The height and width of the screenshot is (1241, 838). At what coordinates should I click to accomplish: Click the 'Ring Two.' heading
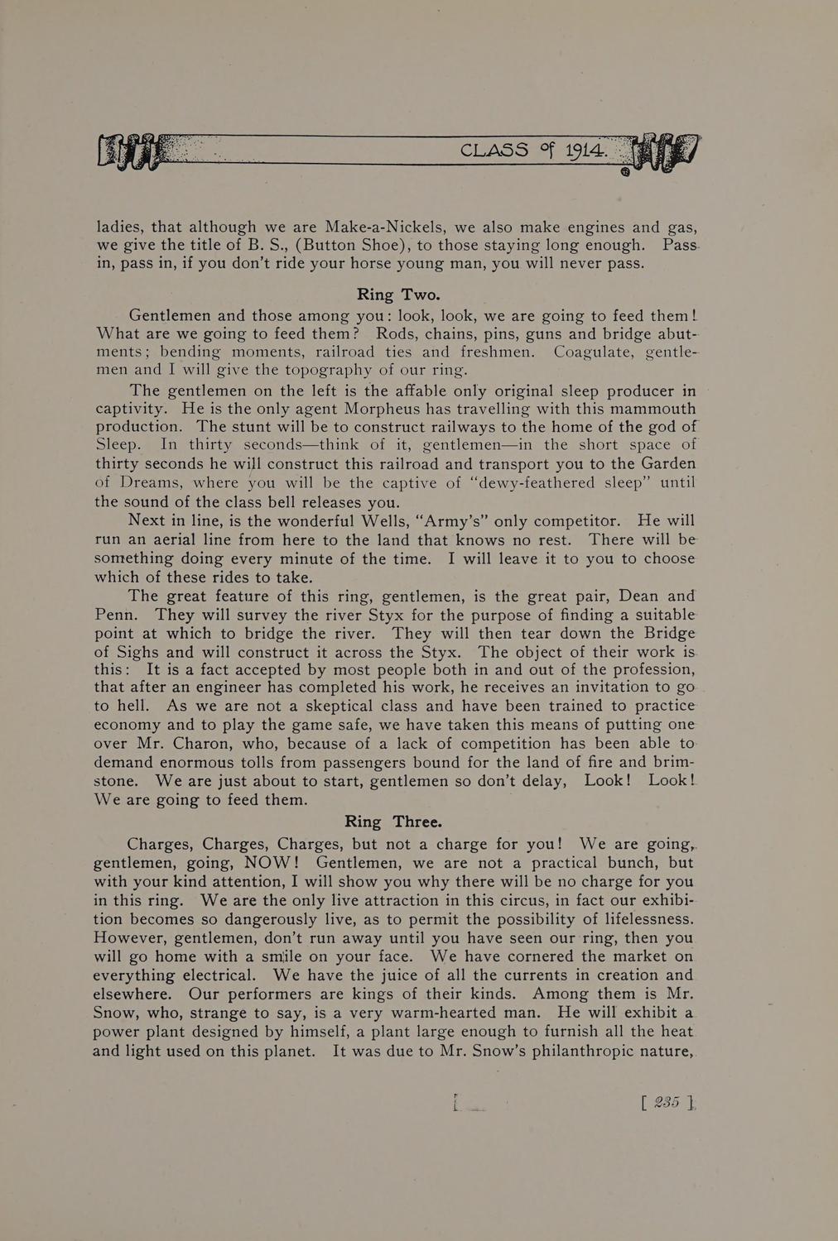(398, 295)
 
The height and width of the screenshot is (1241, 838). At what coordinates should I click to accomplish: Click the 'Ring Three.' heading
(393, 822)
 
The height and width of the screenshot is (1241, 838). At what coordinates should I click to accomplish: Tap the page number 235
(667, 1102)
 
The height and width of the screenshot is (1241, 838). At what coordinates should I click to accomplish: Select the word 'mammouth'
(640, 409)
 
